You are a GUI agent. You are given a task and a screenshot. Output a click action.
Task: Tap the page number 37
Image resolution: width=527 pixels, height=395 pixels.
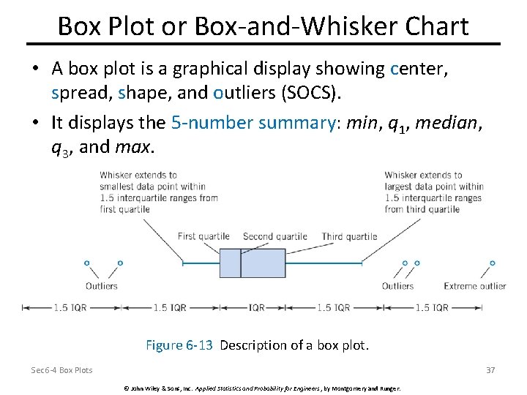[x=490, y=370]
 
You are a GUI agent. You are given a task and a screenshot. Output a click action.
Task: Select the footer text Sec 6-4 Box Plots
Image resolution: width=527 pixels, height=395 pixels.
[x=61, y=370]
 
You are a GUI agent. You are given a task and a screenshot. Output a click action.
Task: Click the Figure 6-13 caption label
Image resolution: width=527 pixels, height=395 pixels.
[x=179, y=345]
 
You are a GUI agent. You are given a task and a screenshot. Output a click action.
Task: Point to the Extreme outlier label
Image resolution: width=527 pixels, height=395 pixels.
[x=474, y=286]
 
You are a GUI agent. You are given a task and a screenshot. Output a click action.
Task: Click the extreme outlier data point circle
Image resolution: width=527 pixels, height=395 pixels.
[x=493, y=263]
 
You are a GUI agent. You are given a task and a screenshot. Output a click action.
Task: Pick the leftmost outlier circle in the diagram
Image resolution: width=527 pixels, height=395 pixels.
[x=86, y=263]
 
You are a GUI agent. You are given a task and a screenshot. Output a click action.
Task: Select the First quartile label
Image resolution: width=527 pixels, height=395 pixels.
[x=203, y=236]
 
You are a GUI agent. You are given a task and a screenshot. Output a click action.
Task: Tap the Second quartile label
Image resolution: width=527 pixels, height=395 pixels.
[x=275, y=236]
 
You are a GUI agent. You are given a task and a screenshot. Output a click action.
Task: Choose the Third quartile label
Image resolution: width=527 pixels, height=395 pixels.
[x=349, y=236]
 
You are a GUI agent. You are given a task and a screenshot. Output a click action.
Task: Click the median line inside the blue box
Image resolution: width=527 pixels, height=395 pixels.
[x=242, y=263]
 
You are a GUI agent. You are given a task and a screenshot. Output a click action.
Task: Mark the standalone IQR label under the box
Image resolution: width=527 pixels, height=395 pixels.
[x=257, y=308]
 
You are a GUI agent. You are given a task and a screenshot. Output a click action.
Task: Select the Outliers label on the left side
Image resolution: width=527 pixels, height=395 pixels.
[x=101, y=286]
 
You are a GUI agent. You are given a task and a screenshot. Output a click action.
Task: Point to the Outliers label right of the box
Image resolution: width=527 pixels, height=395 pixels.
[x=397, y=286]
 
